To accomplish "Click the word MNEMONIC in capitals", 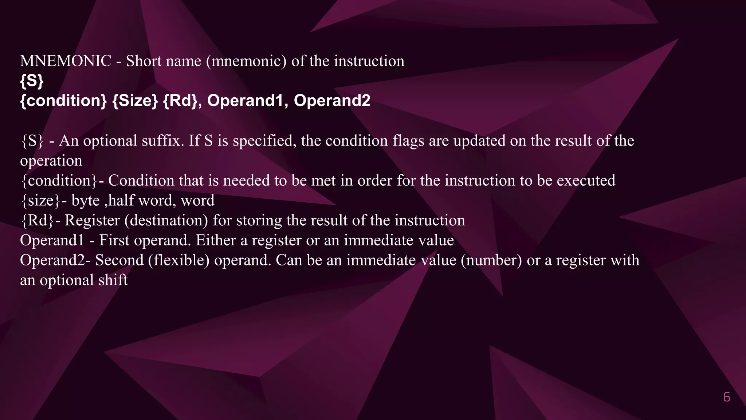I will pyautogui.click(x=66, y=61).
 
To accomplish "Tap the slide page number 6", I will pyautogui.click(x=726, y=397).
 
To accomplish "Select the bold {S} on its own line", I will pyautogui.click(x=32, y=81).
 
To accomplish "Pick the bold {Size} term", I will pyautogui.click(x=135, y=101).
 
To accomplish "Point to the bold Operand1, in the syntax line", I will pyautogui.click(x=247, y=101).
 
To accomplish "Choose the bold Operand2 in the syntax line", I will pyautogui.click(x=332, y=101).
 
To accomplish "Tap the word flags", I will pyautogui.click(x=408, y=141).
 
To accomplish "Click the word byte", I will pyautogui.click(x=86, y=201).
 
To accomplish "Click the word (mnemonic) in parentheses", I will pyautogui.click(x=246, y=61).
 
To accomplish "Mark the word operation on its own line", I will pyautogui.click(x=51, y=161).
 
